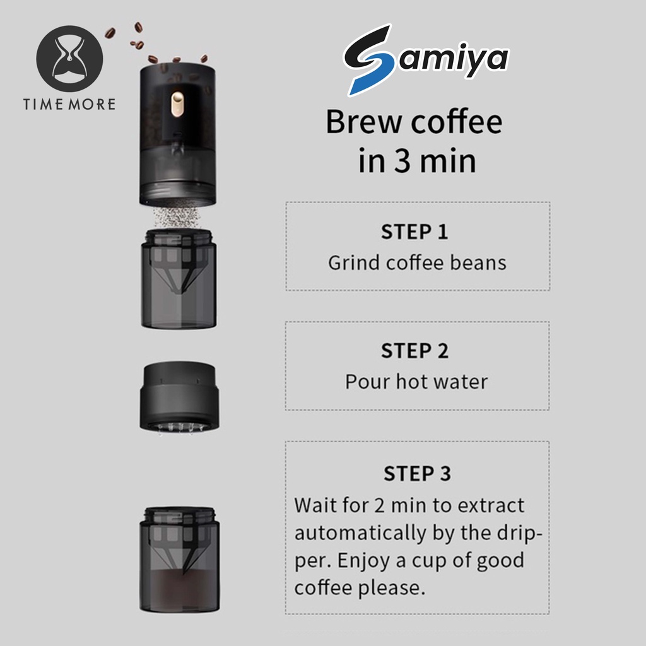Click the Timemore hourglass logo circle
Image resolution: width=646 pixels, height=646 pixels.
[69, 59]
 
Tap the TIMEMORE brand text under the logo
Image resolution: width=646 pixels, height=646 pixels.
[69, 104]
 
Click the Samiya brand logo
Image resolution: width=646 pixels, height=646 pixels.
[426, 60]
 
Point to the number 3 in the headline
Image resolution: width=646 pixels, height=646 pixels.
[402, 161]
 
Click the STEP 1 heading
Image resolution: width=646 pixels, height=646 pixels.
[414, 232]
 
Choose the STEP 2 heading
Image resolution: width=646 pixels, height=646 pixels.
[415, 351]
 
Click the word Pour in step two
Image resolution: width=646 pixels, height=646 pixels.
[368, 382]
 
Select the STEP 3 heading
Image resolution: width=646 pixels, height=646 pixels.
[418, 473]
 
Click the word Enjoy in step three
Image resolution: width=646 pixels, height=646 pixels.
[363, 561]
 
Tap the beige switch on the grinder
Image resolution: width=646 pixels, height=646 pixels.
[177, 105]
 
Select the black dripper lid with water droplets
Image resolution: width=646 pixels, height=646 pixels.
[179, 397]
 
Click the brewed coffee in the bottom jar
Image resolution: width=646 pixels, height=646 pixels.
[180, 590]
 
